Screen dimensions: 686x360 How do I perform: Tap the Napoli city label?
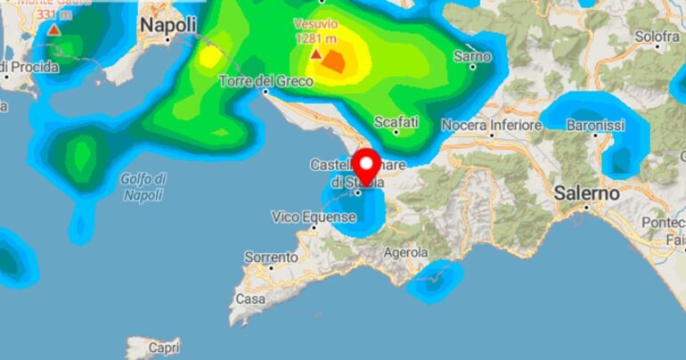click(167, 27)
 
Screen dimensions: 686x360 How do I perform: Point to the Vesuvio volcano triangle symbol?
click(315, 54)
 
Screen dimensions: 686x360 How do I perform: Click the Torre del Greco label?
click(266, 82)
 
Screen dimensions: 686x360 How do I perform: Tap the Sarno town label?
click(472, 55)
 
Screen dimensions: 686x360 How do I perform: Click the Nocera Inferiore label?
click(491, 126)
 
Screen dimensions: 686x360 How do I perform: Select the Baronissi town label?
click(595, 126)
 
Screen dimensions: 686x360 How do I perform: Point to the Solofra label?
click(657, 37)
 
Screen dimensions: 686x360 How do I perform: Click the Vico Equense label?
click(313, 217)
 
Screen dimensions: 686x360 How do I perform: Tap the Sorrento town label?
click(271, 258)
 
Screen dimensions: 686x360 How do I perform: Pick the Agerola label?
click(405, 253)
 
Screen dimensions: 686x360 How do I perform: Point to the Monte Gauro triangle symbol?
click(54, 30)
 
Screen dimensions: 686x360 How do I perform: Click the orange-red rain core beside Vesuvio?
click(336, 61)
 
